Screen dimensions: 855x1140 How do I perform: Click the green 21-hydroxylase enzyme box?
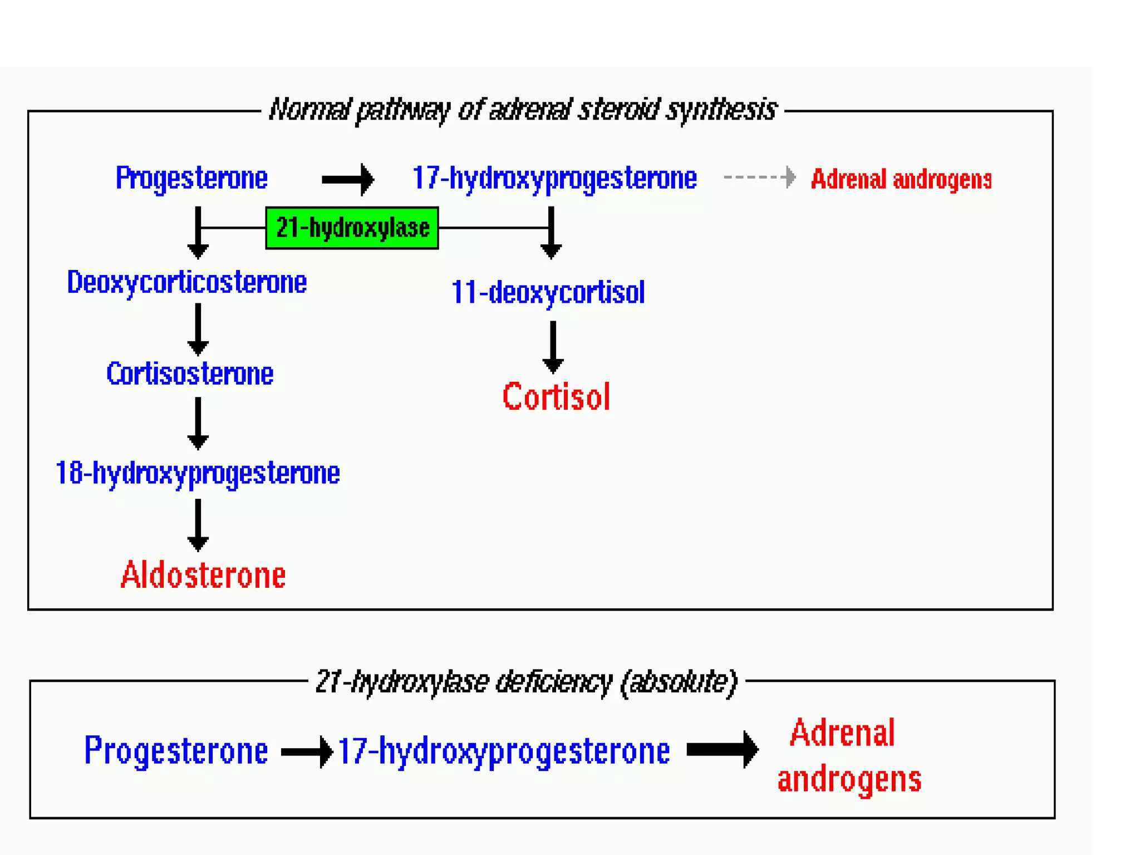click(352, 228)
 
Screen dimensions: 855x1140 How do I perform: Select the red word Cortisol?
click(556, 397)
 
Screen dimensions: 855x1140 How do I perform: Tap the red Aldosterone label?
click(203, 575)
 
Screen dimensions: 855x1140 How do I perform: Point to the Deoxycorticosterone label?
click(186, 282)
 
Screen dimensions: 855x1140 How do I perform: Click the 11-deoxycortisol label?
click(548, 293)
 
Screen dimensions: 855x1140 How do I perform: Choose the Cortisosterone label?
click(190, 374)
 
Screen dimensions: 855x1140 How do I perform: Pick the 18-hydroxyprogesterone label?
click(198, 474)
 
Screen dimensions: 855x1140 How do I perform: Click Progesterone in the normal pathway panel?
click(191, 178)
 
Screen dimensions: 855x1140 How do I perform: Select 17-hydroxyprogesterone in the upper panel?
click(554, 179)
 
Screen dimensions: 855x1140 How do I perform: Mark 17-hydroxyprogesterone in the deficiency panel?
click(504, 751)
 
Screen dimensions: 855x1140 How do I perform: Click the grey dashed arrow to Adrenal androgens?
click(759, 178)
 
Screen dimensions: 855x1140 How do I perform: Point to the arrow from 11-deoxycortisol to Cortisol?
click(553, 347)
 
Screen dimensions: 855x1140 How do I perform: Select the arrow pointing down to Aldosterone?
click(198, 525)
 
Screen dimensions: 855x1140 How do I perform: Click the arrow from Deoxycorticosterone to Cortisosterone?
click(198, 330)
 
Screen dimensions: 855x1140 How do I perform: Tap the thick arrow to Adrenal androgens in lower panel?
click(723, 749)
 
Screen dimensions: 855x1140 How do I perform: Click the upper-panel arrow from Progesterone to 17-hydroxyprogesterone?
click(348, 179)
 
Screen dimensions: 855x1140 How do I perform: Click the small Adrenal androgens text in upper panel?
click(901, 179)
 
